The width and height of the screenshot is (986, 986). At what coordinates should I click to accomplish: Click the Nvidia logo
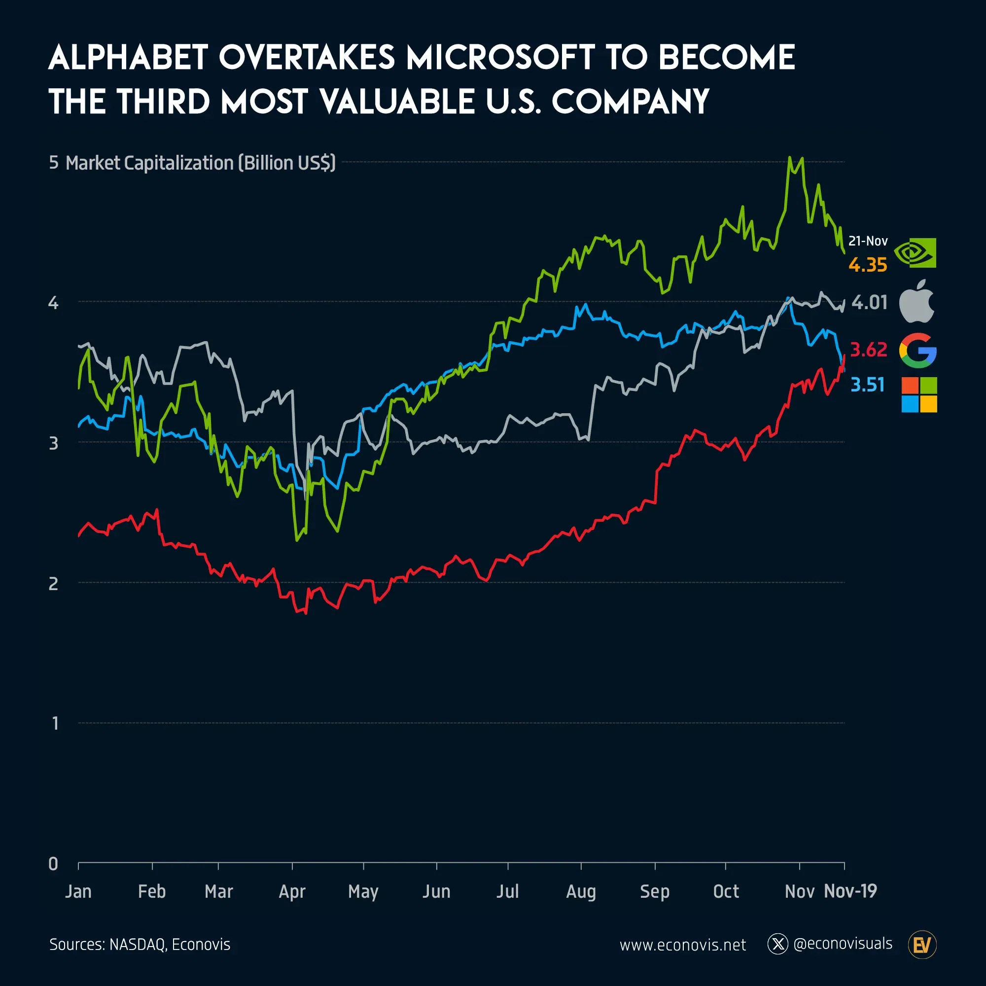(x=916, y=252)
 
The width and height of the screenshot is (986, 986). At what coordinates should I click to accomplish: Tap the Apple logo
(x=916, y=302)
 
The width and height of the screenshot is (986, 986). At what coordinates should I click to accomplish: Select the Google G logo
(x=917, y=351)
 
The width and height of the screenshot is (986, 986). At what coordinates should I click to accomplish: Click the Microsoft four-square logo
(x=919, y=394)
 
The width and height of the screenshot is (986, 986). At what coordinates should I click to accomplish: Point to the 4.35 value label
(x=868, y=265)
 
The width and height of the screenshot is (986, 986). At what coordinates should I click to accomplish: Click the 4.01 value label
(x=869, y=303)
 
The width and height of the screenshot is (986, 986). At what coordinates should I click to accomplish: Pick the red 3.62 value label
(x=869, y=350)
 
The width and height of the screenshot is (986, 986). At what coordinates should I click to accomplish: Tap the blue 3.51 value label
(x=867, y=385)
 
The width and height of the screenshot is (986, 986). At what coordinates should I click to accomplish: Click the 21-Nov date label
(x=868, y=241)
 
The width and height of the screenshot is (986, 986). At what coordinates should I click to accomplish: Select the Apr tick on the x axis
(x=292, y=891)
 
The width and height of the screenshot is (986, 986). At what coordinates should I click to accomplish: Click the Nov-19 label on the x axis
(x=850, y=891)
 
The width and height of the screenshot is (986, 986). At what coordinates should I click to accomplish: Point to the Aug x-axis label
(x=581, y=891)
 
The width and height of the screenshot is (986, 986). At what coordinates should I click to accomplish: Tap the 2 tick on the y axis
(x=54, y=583)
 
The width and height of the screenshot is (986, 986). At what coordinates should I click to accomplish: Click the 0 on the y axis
(x=54, y=864)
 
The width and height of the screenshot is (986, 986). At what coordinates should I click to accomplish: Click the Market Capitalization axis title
(x=201, y=163)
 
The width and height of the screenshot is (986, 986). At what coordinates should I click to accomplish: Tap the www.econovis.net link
(x=682, y=945)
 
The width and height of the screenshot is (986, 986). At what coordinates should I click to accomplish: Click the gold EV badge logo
(x=922, y=945)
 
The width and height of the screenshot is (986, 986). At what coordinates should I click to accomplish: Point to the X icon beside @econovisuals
(x=778, y=944)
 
